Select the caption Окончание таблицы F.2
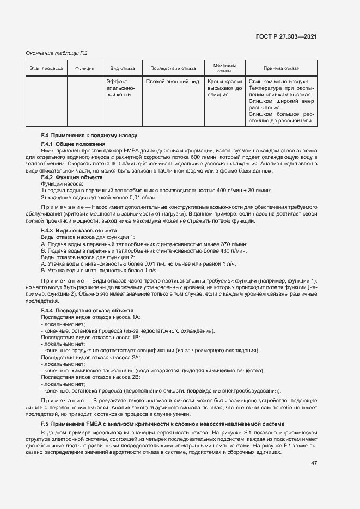pos(57,53)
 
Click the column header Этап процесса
pos(46,69)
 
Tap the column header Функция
pos(85,69)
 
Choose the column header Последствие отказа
pos(173,69)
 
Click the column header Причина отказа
pos(281,69)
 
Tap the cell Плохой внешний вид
pos(172,82)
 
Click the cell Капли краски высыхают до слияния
pos(224,88)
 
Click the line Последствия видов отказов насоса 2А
pos(91,357)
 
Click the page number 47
pos(314,463)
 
